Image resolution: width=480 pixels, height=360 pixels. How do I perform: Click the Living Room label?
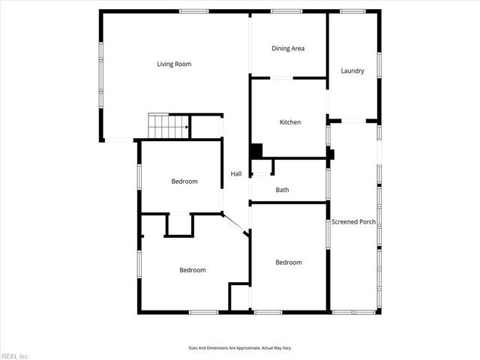(174, 64)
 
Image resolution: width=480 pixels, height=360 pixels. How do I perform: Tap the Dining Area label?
(287, 49)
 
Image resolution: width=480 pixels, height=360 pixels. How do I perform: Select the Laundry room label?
(352, 71)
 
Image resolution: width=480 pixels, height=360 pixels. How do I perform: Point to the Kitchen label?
(290, 122)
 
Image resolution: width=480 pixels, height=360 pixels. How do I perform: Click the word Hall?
(235, 174)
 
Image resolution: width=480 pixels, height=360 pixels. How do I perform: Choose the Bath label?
(282, 190)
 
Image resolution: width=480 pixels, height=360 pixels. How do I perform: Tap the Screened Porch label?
(353, 222)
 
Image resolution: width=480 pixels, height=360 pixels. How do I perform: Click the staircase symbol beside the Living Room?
(166, 126)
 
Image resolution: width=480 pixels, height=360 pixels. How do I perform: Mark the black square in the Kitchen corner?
(256, 150)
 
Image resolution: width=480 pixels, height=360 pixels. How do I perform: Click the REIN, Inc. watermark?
(15, 355)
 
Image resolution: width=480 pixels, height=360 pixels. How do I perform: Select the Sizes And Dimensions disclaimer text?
(239, 348)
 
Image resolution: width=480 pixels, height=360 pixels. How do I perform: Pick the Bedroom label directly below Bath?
(288, 262)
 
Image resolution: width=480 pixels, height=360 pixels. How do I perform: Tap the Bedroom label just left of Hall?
(184, 181)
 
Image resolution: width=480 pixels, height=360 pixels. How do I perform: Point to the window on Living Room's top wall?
(193, 11)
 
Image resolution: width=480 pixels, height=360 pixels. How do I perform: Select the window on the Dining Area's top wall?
(286, 11)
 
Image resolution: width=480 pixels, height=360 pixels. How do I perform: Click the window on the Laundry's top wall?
(352, 11)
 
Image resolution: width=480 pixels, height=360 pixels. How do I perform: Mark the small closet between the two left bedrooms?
(179, 224)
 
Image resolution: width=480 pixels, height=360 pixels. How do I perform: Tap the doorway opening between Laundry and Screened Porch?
(353, 121)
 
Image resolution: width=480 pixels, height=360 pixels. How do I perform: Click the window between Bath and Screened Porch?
(328, 184)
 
